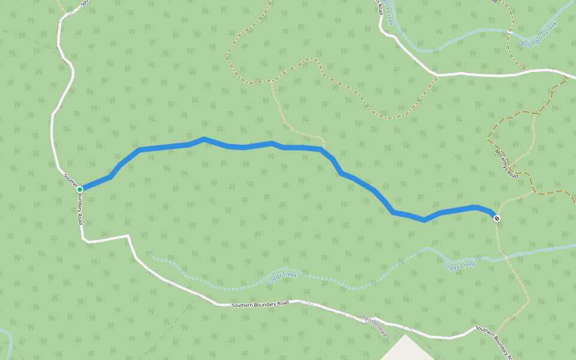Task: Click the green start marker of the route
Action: tap(79, 189)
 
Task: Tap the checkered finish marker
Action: tap(497, 218)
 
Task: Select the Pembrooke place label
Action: tap(375, 325)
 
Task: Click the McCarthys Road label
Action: tap(505, 163)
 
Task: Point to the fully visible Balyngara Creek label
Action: tap(539, 34)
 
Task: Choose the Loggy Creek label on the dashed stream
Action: tap(282, 275)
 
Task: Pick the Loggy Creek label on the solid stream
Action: tap(459, 265)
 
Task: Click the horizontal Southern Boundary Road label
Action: tap(260, 304)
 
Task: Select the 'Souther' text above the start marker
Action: tap(70, 179)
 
